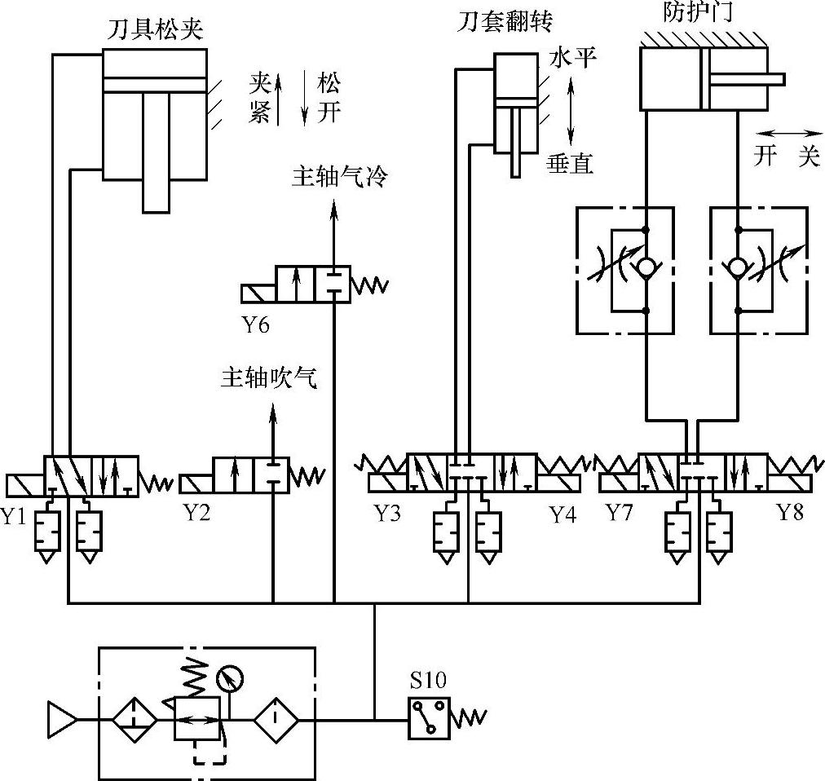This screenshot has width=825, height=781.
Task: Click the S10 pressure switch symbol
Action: tap(430, 718)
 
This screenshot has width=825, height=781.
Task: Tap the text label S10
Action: tap(429, 681)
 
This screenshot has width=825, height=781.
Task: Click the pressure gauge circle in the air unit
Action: tap(231, 676)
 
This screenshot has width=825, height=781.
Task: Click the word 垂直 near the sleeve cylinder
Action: tap(569, 164)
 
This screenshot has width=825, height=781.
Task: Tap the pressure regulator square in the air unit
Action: tap(196, 718)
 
